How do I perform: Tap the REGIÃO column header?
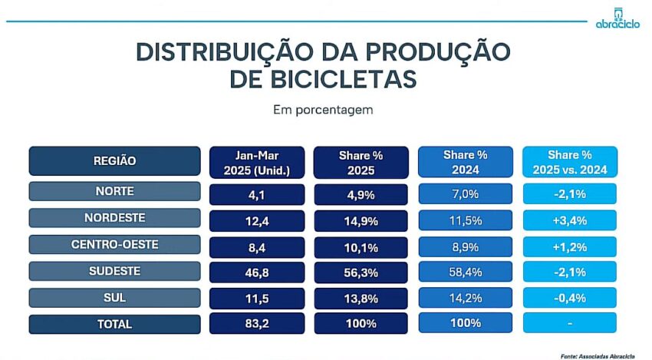[x=114, y=161]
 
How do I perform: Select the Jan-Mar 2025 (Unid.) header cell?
[x=257, y=162]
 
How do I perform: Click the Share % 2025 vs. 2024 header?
[x=570, y=162]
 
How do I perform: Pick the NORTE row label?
[x=114, y=193]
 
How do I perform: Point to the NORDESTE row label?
[x=114, y=219]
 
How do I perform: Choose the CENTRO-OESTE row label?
[x=114, y=245]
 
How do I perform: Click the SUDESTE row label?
[x=114, y=271]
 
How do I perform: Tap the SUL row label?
[x=114, y=297]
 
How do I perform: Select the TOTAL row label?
[x=114, y=324]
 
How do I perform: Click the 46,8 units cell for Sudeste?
[x=257, y=272]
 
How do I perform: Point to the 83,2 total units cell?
[x=257, y=324]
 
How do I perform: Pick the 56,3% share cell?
[x=361, y=272]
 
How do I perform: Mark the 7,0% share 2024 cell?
[x=466, y=193]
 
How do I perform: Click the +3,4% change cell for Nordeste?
[x=570, y=220]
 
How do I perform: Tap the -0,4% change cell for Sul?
[x=570, y=298]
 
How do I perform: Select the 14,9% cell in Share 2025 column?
[x=361, y=220]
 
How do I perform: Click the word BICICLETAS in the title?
[x=323, y=79]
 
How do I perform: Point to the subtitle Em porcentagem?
[x=323, y=110]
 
